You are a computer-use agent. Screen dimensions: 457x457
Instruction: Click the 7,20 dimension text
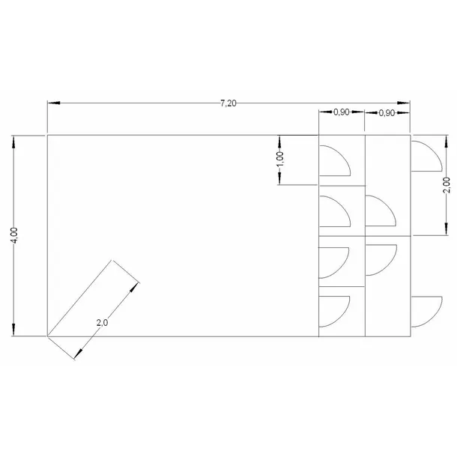click(x=228, y=103)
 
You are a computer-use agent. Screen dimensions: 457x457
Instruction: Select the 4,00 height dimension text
click(x=13, y=235)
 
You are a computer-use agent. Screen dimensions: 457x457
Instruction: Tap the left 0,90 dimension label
click(x=342, y=112)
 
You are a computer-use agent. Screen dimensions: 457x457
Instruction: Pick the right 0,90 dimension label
click(x=387, y=113)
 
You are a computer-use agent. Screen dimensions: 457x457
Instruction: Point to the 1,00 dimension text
click(x=279, y=160)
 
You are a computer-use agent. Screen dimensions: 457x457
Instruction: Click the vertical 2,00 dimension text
click(x=447, y=185)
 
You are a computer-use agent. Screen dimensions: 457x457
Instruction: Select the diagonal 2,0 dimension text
click(x=102, y=323)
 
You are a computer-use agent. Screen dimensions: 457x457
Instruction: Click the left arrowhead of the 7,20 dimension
click(x=54, y=103)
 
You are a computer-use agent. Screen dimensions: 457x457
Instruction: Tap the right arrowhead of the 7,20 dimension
click(x=404, y=103)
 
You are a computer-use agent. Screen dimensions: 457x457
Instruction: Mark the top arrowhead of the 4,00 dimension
click(x=13, y=142)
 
